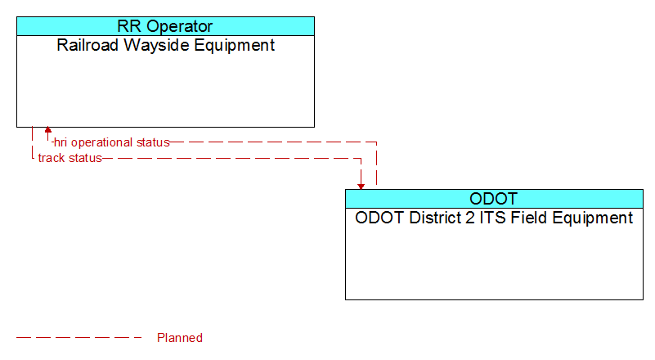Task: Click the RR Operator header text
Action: tap(165, 26)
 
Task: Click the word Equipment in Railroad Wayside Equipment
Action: tap(235, 46)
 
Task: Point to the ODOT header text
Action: tap(494, 199)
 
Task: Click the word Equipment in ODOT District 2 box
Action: tap(593, 218)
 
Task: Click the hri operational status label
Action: tap(111, 142)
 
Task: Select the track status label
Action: tap(70, 158)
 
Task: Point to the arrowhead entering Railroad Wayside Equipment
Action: tap(48, 130)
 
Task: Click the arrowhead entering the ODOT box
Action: tap(361, 187)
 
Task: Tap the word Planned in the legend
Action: tap(180, 338)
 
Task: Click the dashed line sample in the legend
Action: tap(79, 337)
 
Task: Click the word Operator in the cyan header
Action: tap(180, 27)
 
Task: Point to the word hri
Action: tap(61, 142)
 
